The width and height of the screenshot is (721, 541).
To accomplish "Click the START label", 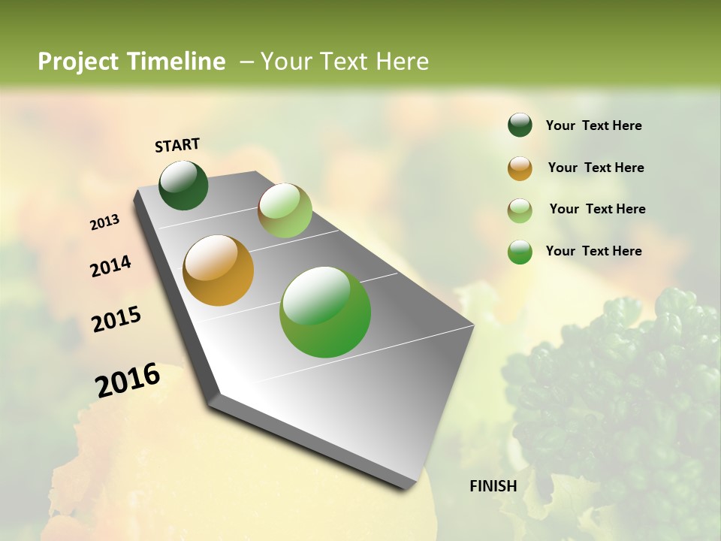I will coord(177,145).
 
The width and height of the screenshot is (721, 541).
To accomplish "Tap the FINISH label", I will coord(493,486).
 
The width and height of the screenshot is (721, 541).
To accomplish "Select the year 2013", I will coord(105,222).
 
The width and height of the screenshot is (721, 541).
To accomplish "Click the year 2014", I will coord(110,266).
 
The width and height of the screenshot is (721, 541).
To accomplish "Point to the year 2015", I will coord(116,319).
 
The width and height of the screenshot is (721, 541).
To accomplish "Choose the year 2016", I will coord(128,380).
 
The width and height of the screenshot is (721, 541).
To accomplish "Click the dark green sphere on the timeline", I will coord(183,186).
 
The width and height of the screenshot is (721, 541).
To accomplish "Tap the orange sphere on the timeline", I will coord(219,270).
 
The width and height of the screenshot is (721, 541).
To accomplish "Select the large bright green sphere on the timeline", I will coord(325,312).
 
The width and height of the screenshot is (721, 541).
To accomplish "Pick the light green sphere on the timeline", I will coord(285,210).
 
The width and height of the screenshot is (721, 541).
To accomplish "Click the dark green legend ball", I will coord(520,125).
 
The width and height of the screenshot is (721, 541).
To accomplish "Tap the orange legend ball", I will coord(520,168).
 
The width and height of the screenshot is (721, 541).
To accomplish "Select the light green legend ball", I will coord(520,210).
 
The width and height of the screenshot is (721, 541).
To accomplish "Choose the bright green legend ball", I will coord(520,252).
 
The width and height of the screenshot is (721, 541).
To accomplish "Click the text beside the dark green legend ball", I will coord(593,125).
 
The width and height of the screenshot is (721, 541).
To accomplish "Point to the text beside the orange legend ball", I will coord(596,168).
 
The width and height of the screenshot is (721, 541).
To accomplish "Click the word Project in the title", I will coord(79,62).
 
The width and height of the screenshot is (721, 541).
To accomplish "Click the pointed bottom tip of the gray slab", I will coord(406,487).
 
